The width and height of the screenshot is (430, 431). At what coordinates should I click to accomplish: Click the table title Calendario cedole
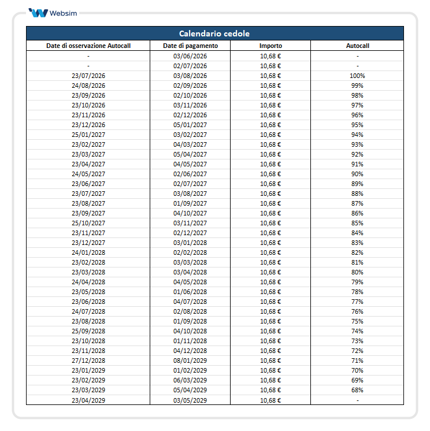pyautogui.click(x=214, y=34)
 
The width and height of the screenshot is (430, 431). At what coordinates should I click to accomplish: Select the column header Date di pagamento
pyautogui.click(x=190, y=46)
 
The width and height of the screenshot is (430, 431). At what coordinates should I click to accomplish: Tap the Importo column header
pyautogui.click(x=270, y=46)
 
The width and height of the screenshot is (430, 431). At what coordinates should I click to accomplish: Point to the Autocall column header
pyautogui.click(x=357, y=46)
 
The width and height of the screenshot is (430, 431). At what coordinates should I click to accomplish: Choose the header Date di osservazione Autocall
pyautogui.click(x=88, y=46)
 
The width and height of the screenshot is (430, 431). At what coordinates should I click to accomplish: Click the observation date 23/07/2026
pyautogui.click(x=88, y=76)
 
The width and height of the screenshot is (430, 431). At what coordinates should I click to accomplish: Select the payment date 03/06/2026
pyautogui.click(x=190, y=56)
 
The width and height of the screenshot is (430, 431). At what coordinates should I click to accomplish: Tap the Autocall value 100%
pyautogui.click(x=357, y=76)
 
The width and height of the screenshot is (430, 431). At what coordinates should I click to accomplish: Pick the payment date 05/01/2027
pyautogui.click(x=190, y=125)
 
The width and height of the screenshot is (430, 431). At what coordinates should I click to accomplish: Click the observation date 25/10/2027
pyautogui.click(x=88, y=223)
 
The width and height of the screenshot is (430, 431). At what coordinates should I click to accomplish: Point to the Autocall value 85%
pyautogui.click(x=357, y=223)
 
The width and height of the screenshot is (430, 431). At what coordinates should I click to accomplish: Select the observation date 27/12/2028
pyautogui.click(x=88, y=361)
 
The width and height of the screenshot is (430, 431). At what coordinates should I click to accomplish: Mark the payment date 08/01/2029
pyautogui.click(x=190, y=361)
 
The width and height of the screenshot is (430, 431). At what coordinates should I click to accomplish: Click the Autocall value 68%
pyautogui.click(x=357, y=390)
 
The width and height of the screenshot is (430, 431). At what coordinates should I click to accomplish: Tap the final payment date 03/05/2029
pyautogui.click(x=190, y=400)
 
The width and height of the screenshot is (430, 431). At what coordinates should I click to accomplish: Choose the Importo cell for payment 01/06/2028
pyautogui.click(x=270, y=292)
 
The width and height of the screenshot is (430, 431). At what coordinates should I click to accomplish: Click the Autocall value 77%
pyautogui.click(x=357, y=302)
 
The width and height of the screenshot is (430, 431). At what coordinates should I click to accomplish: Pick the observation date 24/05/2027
pyautogui.click(x=88, y=174)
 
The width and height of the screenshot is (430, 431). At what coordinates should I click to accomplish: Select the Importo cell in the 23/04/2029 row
pyautogui.click(x=270, y=400)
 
